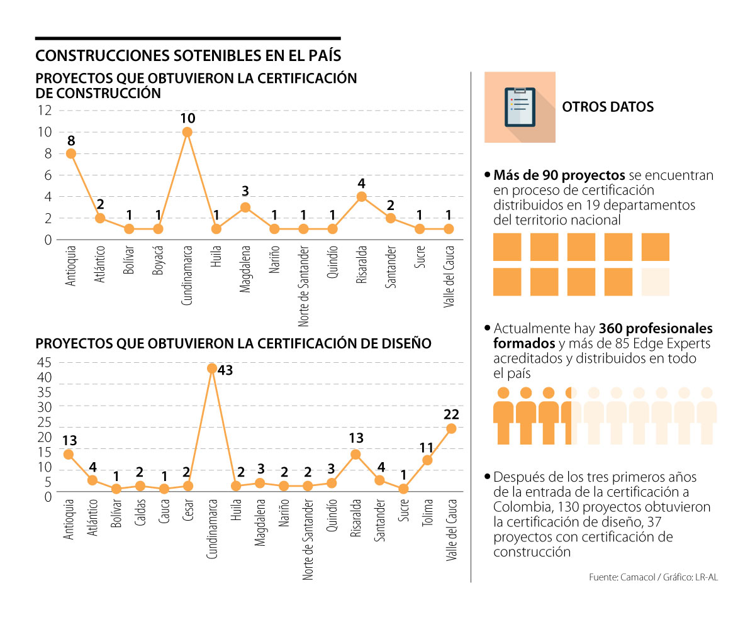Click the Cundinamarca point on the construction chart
click(187, 132)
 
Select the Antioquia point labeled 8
click(70, 153)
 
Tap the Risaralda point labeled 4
click(361, 196)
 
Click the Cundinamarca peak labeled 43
click(212, 368)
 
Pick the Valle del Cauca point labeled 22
click(451, 428)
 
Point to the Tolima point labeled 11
click(427, 460)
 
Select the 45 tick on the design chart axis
click(44, 362)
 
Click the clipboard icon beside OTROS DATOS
click(520, 107)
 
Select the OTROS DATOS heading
click(607, 107)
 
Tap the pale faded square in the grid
click(655, 282)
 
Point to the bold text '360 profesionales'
click(656, 328)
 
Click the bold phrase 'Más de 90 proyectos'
click(559, 175)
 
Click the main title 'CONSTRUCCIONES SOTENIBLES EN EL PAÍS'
click(188, 55)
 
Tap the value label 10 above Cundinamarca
click(187, 118)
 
